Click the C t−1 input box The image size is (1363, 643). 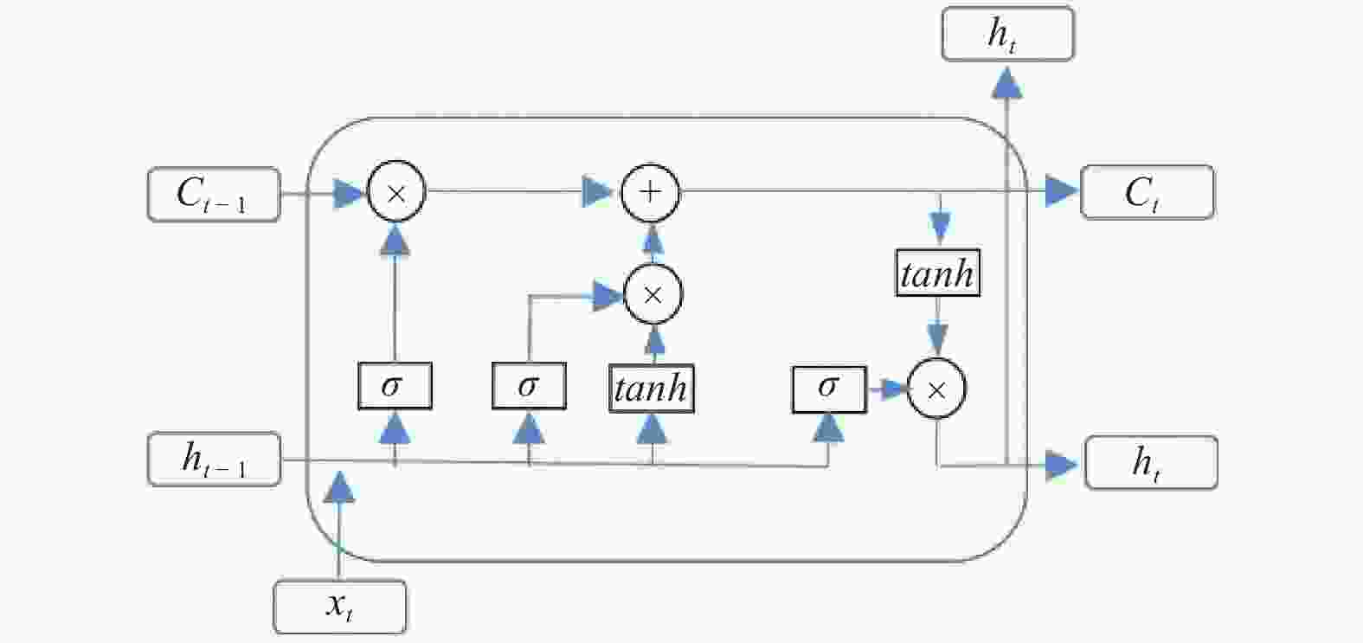coord(214,194)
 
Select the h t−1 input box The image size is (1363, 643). coord(215,459)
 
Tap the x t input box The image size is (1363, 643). coord(339,608)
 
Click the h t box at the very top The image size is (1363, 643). coord(1007,34)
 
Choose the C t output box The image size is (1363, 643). coord(1147,192)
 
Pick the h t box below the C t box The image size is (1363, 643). coord(1151,462)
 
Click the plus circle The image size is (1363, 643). coord(650,193)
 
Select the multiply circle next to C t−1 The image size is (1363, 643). coord(396,191)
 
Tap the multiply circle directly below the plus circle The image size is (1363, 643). coord(653,294)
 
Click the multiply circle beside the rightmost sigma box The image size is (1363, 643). coord(936,389)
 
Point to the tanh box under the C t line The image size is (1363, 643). coord(938,273)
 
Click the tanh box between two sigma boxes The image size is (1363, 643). coord(652,389)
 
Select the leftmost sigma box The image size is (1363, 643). coord(395,386)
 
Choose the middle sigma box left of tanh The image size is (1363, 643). coord(529,386)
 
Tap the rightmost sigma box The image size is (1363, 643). coord(829,390)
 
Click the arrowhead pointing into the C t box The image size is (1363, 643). coord(1062,191)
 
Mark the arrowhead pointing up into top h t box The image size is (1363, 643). coord(1007,82)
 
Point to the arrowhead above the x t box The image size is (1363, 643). coord(339,486)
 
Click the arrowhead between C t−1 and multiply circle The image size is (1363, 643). coord(350,194)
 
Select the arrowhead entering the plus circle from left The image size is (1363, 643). coord(597,191)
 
